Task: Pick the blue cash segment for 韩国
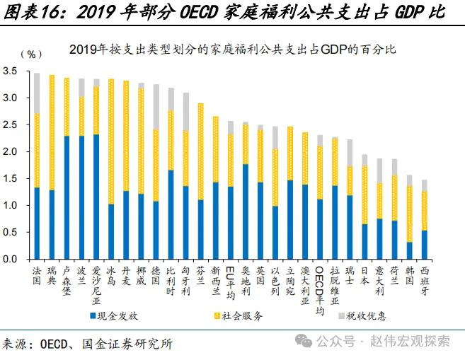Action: (408, 250)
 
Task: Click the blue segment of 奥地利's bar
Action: (245, 211)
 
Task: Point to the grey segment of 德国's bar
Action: (155, 106)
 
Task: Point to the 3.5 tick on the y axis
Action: (11, 72)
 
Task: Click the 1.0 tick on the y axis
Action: (11, 206)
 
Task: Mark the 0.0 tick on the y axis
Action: (11, 260)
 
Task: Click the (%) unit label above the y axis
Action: (31, 54)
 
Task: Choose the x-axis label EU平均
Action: (230, 283)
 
